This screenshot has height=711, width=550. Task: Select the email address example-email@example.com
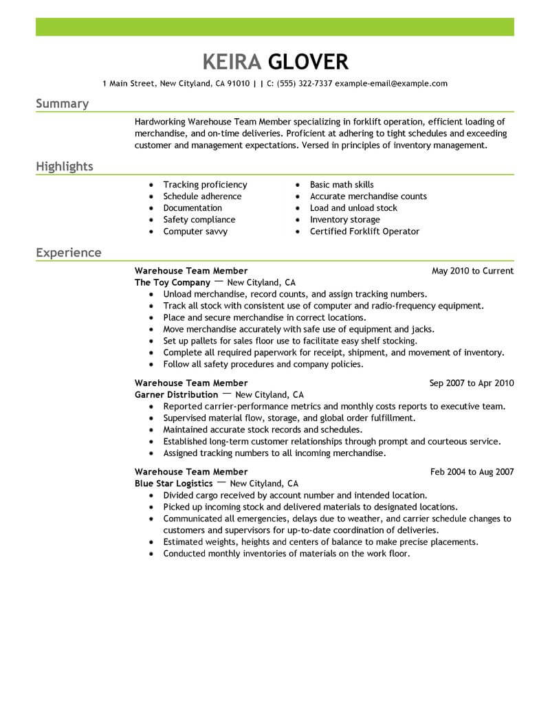(390, 84)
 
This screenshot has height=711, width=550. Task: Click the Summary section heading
(62, 104)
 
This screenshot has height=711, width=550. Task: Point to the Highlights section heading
(65, 167)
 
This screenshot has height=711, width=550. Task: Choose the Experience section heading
(68, 253)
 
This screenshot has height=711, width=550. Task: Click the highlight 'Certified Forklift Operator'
(364, 232)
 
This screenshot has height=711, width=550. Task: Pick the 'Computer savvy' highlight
(195, 232)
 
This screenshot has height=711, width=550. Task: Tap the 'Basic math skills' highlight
(342, 185)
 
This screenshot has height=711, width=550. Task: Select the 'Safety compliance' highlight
(199, 220)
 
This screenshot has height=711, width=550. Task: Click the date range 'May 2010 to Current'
(472, 271)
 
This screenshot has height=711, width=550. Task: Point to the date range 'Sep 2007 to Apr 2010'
(471, 383)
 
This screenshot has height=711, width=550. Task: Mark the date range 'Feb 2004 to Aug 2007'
(472, 472)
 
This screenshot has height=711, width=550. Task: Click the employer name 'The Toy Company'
(172, 282)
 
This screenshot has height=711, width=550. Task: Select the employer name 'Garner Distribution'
(176, 395)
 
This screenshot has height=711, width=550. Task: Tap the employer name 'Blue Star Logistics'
(173, 484)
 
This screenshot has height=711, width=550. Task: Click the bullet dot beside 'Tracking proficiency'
(151, 185)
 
